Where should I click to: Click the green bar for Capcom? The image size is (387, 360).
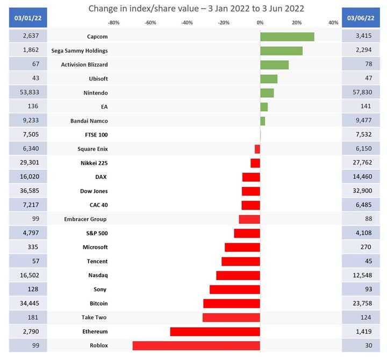pos(287,37)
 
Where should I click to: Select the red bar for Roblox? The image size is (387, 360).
pos(196,345)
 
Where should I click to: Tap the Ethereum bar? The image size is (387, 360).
pos(215,331)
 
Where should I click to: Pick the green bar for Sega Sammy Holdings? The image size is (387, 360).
pos(281,51)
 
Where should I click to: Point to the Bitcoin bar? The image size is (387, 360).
pos(232,303)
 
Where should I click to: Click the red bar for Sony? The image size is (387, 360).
pos(235,289)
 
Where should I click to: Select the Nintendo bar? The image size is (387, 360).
pos(267,92)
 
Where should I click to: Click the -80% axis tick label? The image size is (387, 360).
pos(113,23)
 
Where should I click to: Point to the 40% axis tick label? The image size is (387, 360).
pos(333,23)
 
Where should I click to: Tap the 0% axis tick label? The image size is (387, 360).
pos(260,23)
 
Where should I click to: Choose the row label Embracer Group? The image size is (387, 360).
pos(85,219)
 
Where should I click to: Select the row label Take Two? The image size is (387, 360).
pos(95,317)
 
